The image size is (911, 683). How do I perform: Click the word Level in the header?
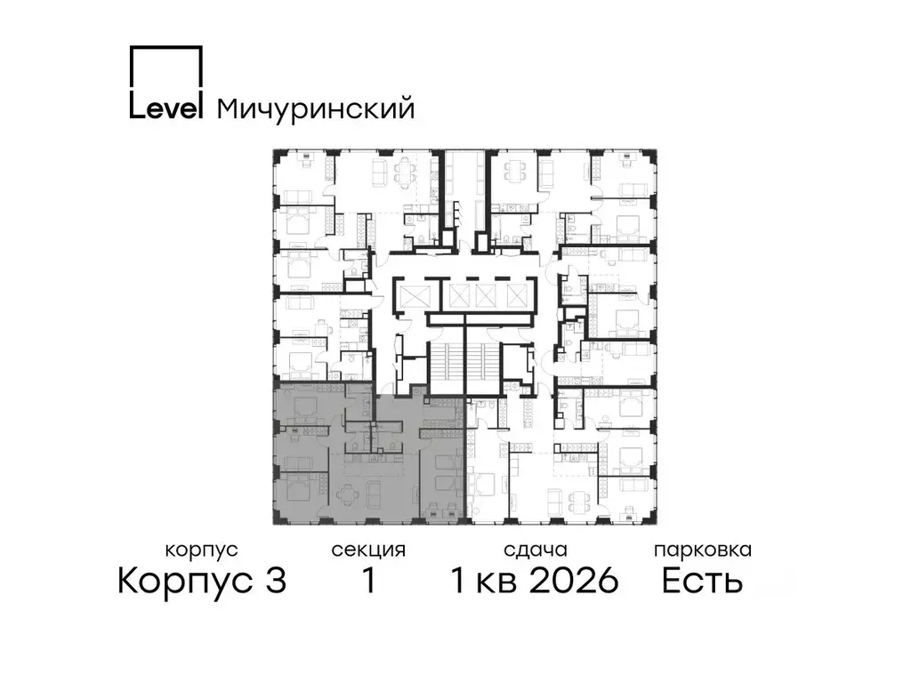(x=166, y=108)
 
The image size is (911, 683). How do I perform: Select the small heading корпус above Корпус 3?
(x=202, y=550)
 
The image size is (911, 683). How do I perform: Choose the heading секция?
(x=368, y=550)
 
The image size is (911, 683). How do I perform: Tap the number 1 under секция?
(x=367, y=582)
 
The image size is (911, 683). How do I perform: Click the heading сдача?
(x=534, y=550)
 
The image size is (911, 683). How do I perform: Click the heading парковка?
(x=703, y=550)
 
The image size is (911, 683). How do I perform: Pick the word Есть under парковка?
(x=703, y=582)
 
